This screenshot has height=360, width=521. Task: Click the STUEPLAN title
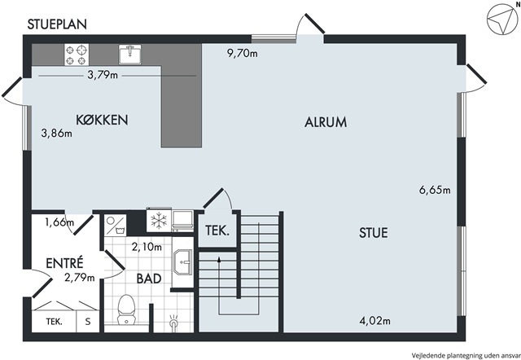(57, 24)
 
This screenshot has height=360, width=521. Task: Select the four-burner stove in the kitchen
(77, 55)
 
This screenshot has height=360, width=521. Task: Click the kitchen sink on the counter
(130, 55)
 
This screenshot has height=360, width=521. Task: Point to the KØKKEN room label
(102, 120)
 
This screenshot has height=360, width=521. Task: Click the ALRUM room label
(326, 122)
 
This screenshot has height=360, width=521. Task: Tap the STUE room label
(374, 233)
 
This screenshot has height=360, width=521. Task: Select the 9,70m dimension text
(243, 53)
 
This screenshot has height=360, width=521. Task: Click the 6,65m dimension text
(435, 190)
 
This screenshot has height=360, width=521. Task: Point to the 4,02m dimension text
(375, 321)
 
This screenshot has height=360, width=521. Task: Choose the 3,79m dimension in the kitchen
(103, 75)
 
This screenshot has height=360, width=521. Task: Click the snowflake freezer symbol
(159, 221)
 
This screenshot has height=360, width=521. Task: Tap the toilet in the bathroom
(126, 310)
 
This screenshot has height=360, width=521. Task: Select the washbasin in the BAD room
(182, 262)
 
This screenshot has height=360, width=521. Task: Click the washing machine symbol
(115, 225)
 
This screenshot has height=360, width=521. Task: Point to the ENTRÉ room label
(64, 263)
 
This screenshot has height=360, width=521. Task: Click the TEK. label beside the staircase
(217, 230)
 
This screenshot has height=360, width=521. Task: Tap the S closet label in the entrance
(88, 322)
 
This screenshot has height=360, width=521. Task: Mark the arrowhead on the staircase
(219, 259)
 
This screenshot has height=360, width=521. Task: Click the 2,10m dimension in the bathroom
(147, 247)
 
